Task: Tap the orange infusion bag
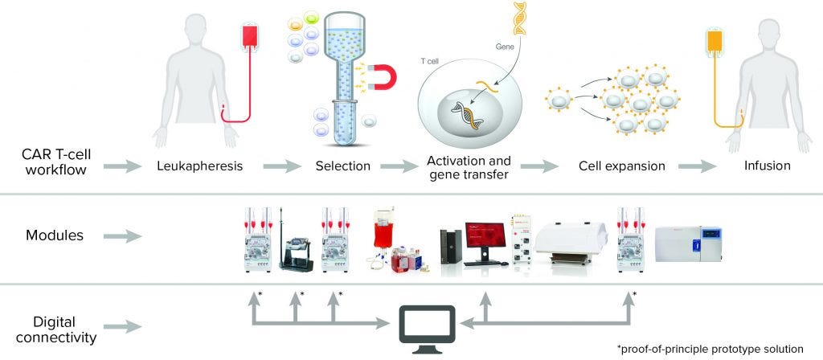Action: click(713, 47)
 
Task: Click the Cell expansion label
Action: click(621, 167)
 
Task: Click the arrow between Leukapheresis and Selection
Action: click(277, 167)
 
